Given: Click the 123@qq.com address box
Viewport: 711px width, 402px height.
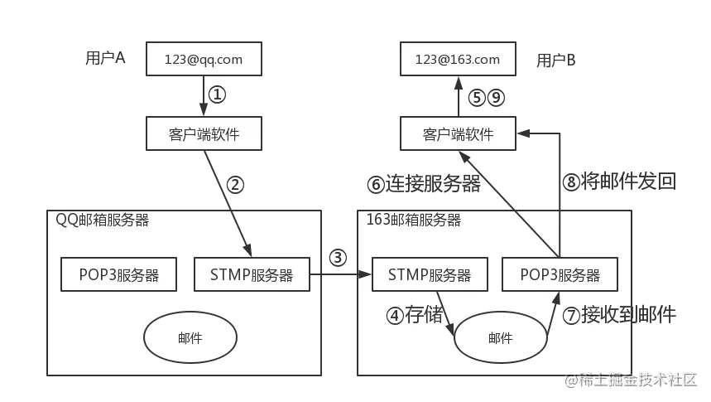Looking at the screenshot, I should pyautogui.click(x=204, y=60).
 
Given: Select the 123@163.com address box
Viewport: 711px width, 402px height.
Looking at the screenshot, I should pyautogui.click(x=458, y=60).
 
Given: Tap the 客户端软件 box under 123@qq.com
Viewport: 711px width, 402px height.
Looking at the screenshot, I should pyautogui.click(x=204, y=133).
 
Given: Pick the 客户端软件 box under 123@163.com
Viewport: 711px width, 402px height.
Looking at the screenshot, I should pyautogui.click(x=458, y=133).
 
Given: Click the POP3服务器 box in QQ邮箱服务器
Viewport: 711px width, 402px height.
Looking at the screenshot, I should pyautogui.click(x=118, y=274).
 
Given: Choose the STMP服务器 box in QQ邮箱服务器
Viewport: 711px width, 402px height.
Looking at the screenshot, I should pyautogui.click(x=251, y=274).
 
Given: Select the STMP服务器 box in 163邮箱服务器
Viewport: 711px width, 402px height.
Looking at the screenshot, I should pyautogui.click(x=430, y=274).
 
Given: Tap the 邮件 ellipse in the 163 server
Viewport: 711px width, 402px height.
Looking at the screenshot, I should pyautogui.click(x=500, y=337).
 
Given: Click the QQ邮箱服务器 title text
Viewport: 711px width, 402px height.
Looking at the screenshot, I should pyautogui.click(x=103, y=220).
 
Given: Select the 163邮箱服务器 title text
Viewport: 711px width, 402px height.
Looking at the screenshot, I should pyautogui.click(x=414, y=220).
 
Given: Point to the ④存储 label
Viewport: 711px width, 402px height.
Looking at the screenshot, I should pyautogui.click(x=414, y=315).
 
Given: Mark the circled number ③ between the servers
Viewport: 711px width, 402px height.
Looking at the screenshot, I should pyautogui.click(x=337, y=257).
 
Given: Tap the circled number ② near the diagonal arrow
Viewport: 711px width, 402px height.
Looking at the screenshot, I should pyautogui.click(x=235, y=186).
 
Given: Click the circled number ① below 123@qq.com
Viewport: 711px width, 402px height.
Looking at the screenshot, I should pyautogui.click(x=215, y=95).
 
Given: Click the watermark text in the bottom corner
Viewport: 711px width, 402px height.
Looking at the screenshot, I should pyautogui.click(x=632, y=379).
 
